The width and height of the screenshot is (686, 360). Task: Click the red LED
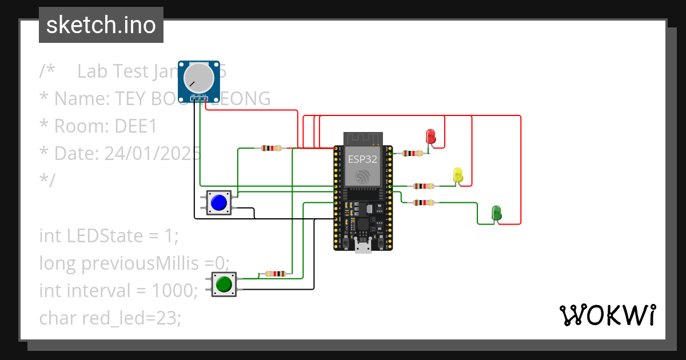coord(430,137)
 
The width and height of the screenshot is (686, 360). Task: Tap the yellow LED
coord(457,175)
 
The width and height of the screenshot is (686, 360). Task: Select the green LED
coord(496,213)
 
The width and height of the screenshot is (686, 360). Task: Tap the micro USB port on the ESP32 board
coord(362,246)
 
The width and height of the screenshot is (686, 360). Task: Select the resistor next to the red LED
coord(412,153)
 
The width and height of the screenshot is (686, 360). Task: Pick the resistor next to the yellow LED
coord(423,186)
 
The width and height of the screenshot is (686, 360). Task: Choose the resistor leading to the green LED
coord(423,202)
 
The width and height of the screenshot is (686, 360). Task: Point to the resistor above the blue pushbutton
coord(271,149)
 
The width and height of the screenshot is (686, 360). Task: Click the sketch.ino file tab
coord(101,25)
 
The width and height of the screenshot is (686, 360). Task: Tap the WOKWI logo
coord(607,315)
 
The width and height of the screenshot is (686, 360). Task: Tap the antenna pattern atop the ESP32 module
coord(362,138)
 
